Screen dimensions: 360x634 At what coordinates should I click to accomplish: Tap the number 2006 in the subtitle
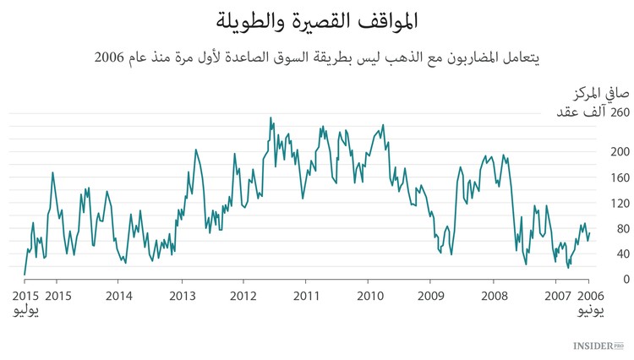tap(109, 58)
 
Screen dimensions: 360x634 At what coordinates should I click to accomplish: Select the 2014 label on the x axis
tap(120, 296)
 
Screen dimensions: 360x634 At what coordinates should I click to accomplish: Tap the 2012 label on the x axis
tap(244, 296)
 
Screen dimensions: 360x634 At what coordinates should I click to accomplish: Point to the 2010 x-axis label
tap(369, 296)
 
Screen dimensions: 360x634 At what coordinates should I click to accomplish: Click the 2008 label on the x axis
tap(493, 296)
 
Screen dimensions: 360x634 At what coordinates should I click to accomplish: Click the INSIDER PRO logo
tap(598, 346)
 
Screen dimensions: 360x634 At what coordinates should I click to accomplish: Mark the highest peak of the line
tap(271, 117)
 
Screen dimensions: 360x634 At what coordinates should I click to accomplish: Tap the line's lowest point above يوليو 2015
tap(25, 275)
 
